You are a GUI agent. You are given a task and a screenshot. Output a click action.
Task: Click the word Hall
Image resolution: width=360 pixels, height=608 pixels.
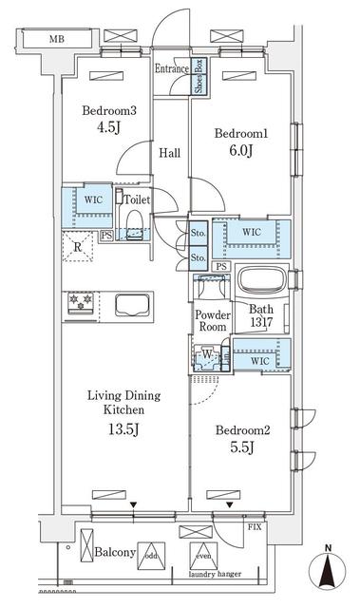[x=170, y=152]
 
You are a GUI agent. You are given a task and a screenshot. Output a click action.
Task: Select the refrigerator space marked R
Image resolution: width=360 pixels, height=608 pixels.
[x=78, y=249]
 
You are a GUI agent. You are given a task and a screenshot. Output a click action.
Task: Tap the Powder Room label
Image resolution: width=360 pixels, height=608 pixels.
[x=211, y=321]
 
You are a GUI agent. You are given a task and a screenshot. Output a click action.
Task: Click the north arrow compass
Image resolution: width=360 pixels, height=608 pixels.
[x=328, y=568]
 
